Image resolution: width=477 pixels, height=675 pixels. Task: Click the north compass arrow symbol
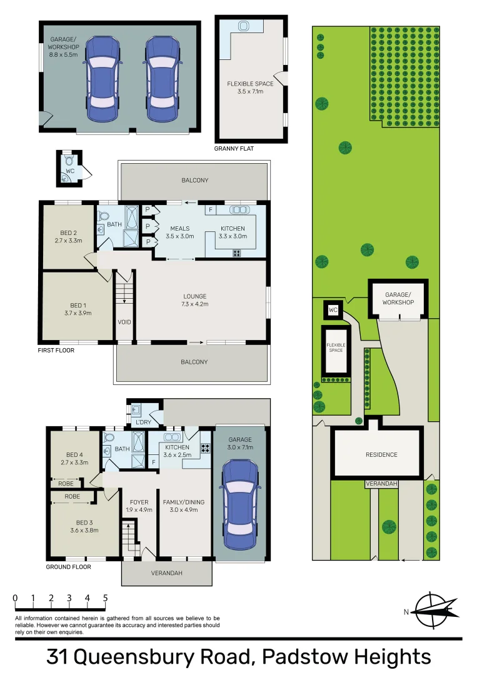[x=433, y=611]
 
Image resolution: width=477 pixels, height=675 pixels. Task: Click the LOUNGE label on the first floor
[x=194, y=296]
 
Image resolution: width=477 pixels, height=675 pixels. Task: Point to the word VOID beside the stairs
[x=124, y=322]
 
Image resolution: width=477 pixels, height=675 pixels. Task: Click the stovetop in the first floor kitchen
[x=237, y=253]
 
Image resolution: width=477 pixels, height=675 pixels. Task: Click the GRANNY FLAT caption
[x=234, y=149]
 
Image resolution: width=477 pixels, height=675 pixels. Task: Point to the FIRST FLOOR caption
[x=56, y=351]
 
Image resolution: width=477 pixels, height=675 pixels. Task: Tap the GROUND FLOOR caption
[x=68, y=567]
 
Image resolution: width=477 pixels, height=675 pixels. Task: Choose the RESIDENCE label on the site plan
[x=381, y=454]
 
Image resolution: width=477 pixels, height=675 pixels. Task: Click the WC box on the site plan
[x=333, y=309]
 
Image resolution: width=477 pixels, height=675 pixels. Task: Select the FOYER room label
[x=139, y=502]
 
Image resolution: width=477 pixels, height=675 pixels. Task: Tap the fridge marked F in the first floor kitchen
[x=211, y=211]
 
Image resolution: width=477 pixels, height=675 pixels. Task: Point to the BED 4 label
[x=74, y=454]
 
